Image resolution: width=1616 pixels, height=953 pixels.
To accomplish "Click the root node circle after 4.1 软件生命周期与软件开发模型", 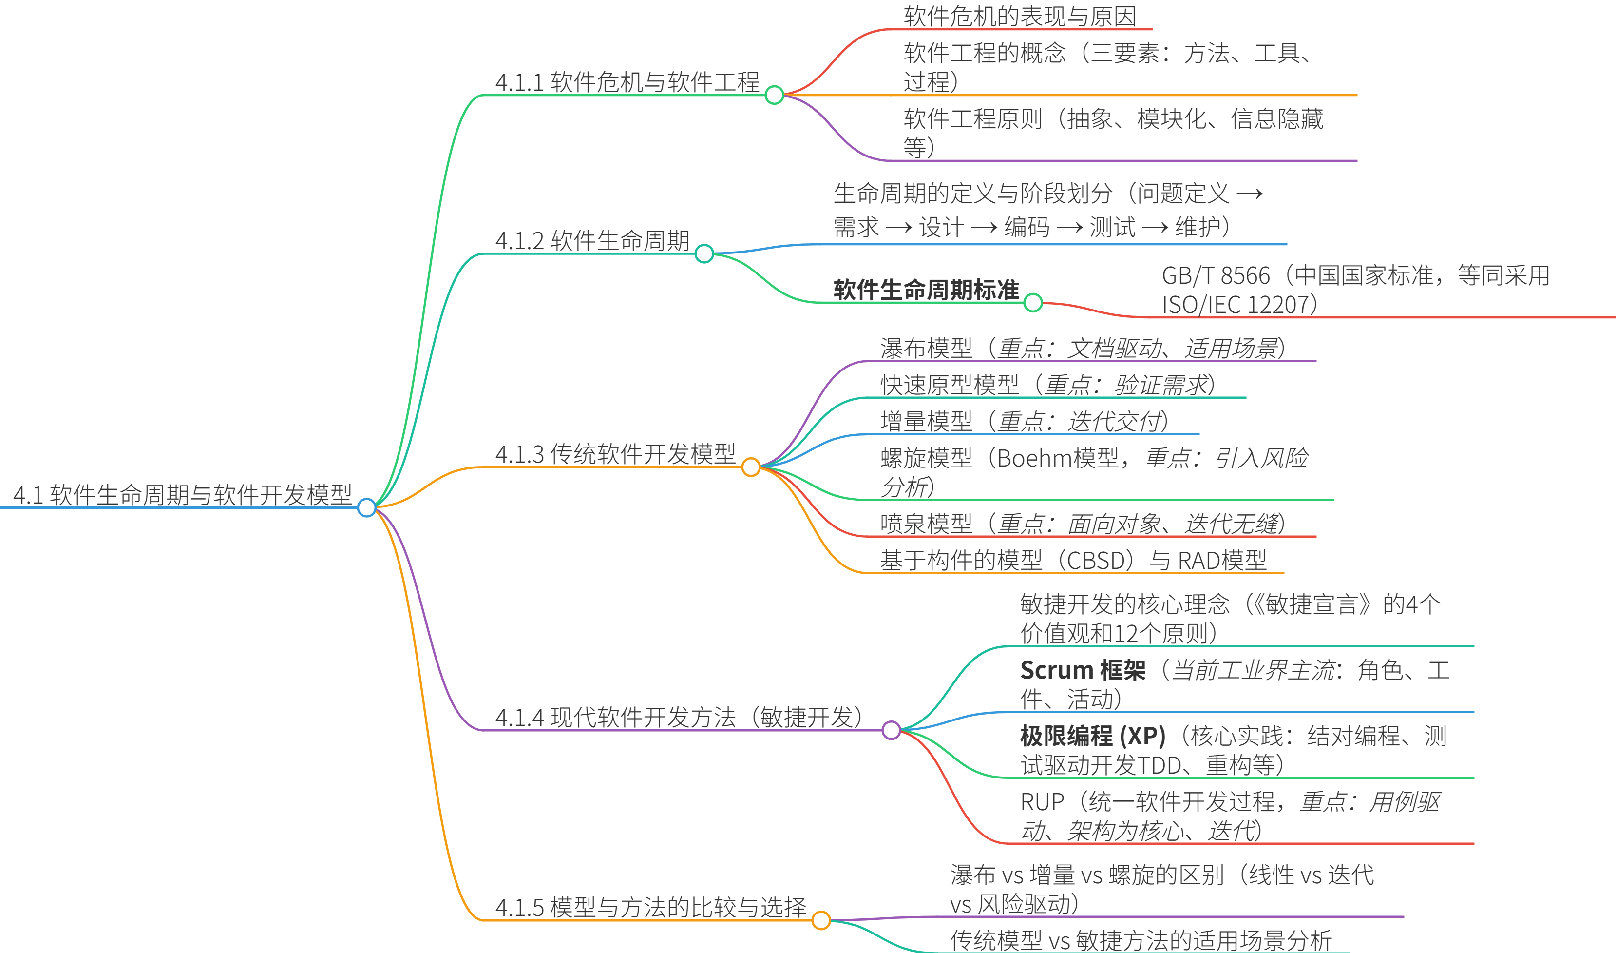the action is pos(366,507).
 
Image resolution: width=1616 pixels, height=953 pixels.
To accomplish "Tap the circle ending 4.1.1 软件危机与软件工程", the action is pos(774,95).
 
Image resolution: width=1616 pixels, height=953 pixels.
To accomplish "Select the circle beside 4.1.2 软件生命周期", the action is pos(704,253).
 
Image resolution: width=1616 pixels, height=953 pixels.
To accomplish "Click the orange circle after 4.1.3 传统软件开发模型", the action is pos(751,467).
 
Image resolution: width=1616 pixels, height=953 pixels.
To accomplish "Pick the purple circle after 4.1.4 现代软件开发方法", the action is pos(892,730).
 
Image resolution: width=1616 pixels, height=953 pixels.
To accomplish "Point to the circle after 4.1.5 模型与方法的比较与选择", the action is pos(821,920).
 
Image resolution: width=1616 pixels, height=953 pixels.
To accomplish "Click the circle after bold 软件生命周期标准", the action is pos(1033,302).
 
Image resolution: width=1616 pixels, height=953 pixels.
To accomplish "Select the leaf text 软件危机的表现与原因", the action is pos(1020,16).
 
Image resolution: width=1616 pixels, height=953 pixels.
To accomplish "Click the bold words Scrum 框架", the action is pos(1083,670).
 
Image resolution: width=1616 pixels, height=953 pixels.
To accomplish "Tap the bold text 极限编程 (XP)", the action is pos(1092,736).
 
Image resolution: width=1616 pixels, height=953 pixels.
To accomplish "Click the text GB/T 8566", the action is pos(1216,275).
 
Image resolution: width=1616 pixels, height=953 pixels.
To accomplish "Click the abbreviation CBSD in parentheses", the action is pos(1096,561).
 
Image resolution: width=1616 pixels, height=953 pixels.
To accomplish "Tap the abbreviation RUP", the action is pos(1042,802).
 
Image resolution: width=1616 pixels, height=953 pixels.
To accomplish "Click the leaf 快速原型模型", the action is pos(949,385).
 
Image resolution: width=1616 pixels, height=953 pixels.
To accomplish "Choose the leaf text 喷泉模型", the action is pos(926,524).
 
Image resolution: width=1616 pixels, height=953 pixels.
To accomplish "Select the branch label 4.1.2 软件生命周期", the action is pos(592,241).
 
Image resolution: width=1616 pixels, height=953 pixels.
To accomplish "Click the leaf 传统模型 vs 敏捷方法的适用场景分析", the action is pos(1141,940).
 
